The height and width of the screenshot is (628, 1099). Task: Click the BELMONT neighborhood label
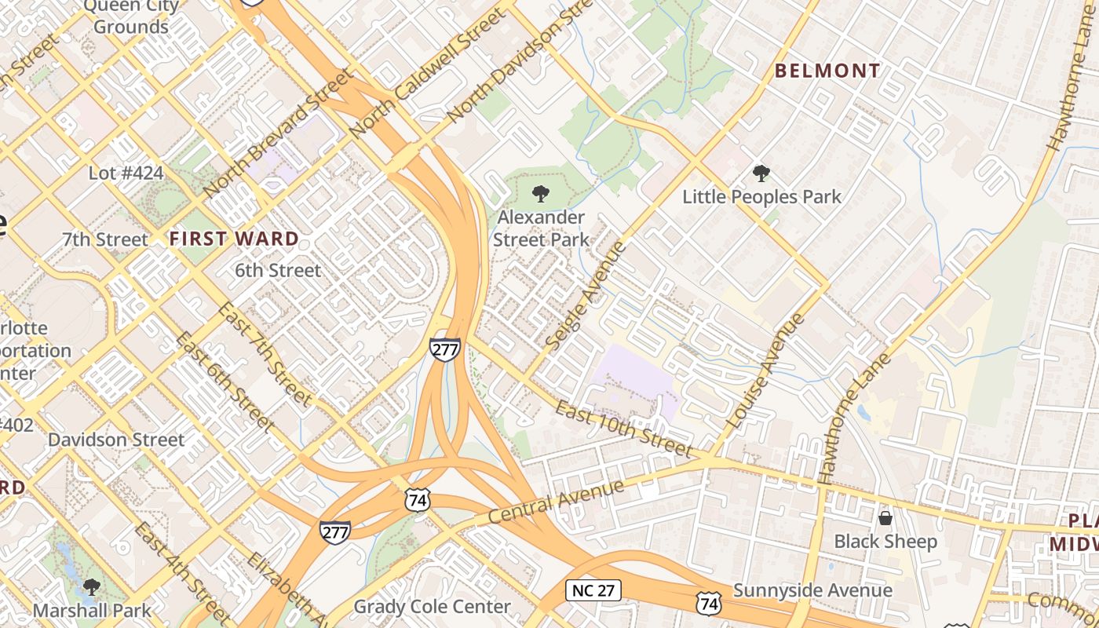click(x=827, y=71)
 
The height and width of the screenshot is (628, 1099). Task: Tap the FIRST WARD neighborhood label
click(x=234, y=239)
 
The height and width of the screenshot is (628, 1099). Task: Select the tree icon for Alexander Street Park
click(x=540, y=193)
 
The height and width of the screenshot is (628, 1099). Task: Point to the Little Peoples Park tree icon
click(x=761, y=173)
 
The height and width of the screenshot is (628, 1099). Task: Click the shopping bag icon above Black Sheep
click(x=885, y=518)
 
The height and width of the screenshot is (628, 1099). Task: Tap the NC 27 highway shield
click(x=593, y=590)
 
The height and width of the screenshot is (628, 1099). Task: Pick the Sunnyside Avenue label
click(x=812, y=590)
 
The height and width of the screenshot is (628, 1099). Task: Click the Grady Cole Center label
click(x=432, y=607)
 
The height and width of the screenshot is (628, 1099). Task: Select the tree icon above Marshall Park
click(x=92, y=586)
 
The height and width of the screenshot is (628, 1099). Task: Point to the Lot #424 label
click(x=126, y=173)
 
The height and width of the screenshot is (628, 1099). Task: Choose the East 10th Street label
click(x=624, y=429)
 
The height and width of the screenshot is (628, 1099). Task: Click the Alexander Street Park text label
click(x=542, y=228)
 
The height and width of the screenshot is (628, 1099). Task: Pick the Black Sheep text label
click(x=885, y=542)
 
